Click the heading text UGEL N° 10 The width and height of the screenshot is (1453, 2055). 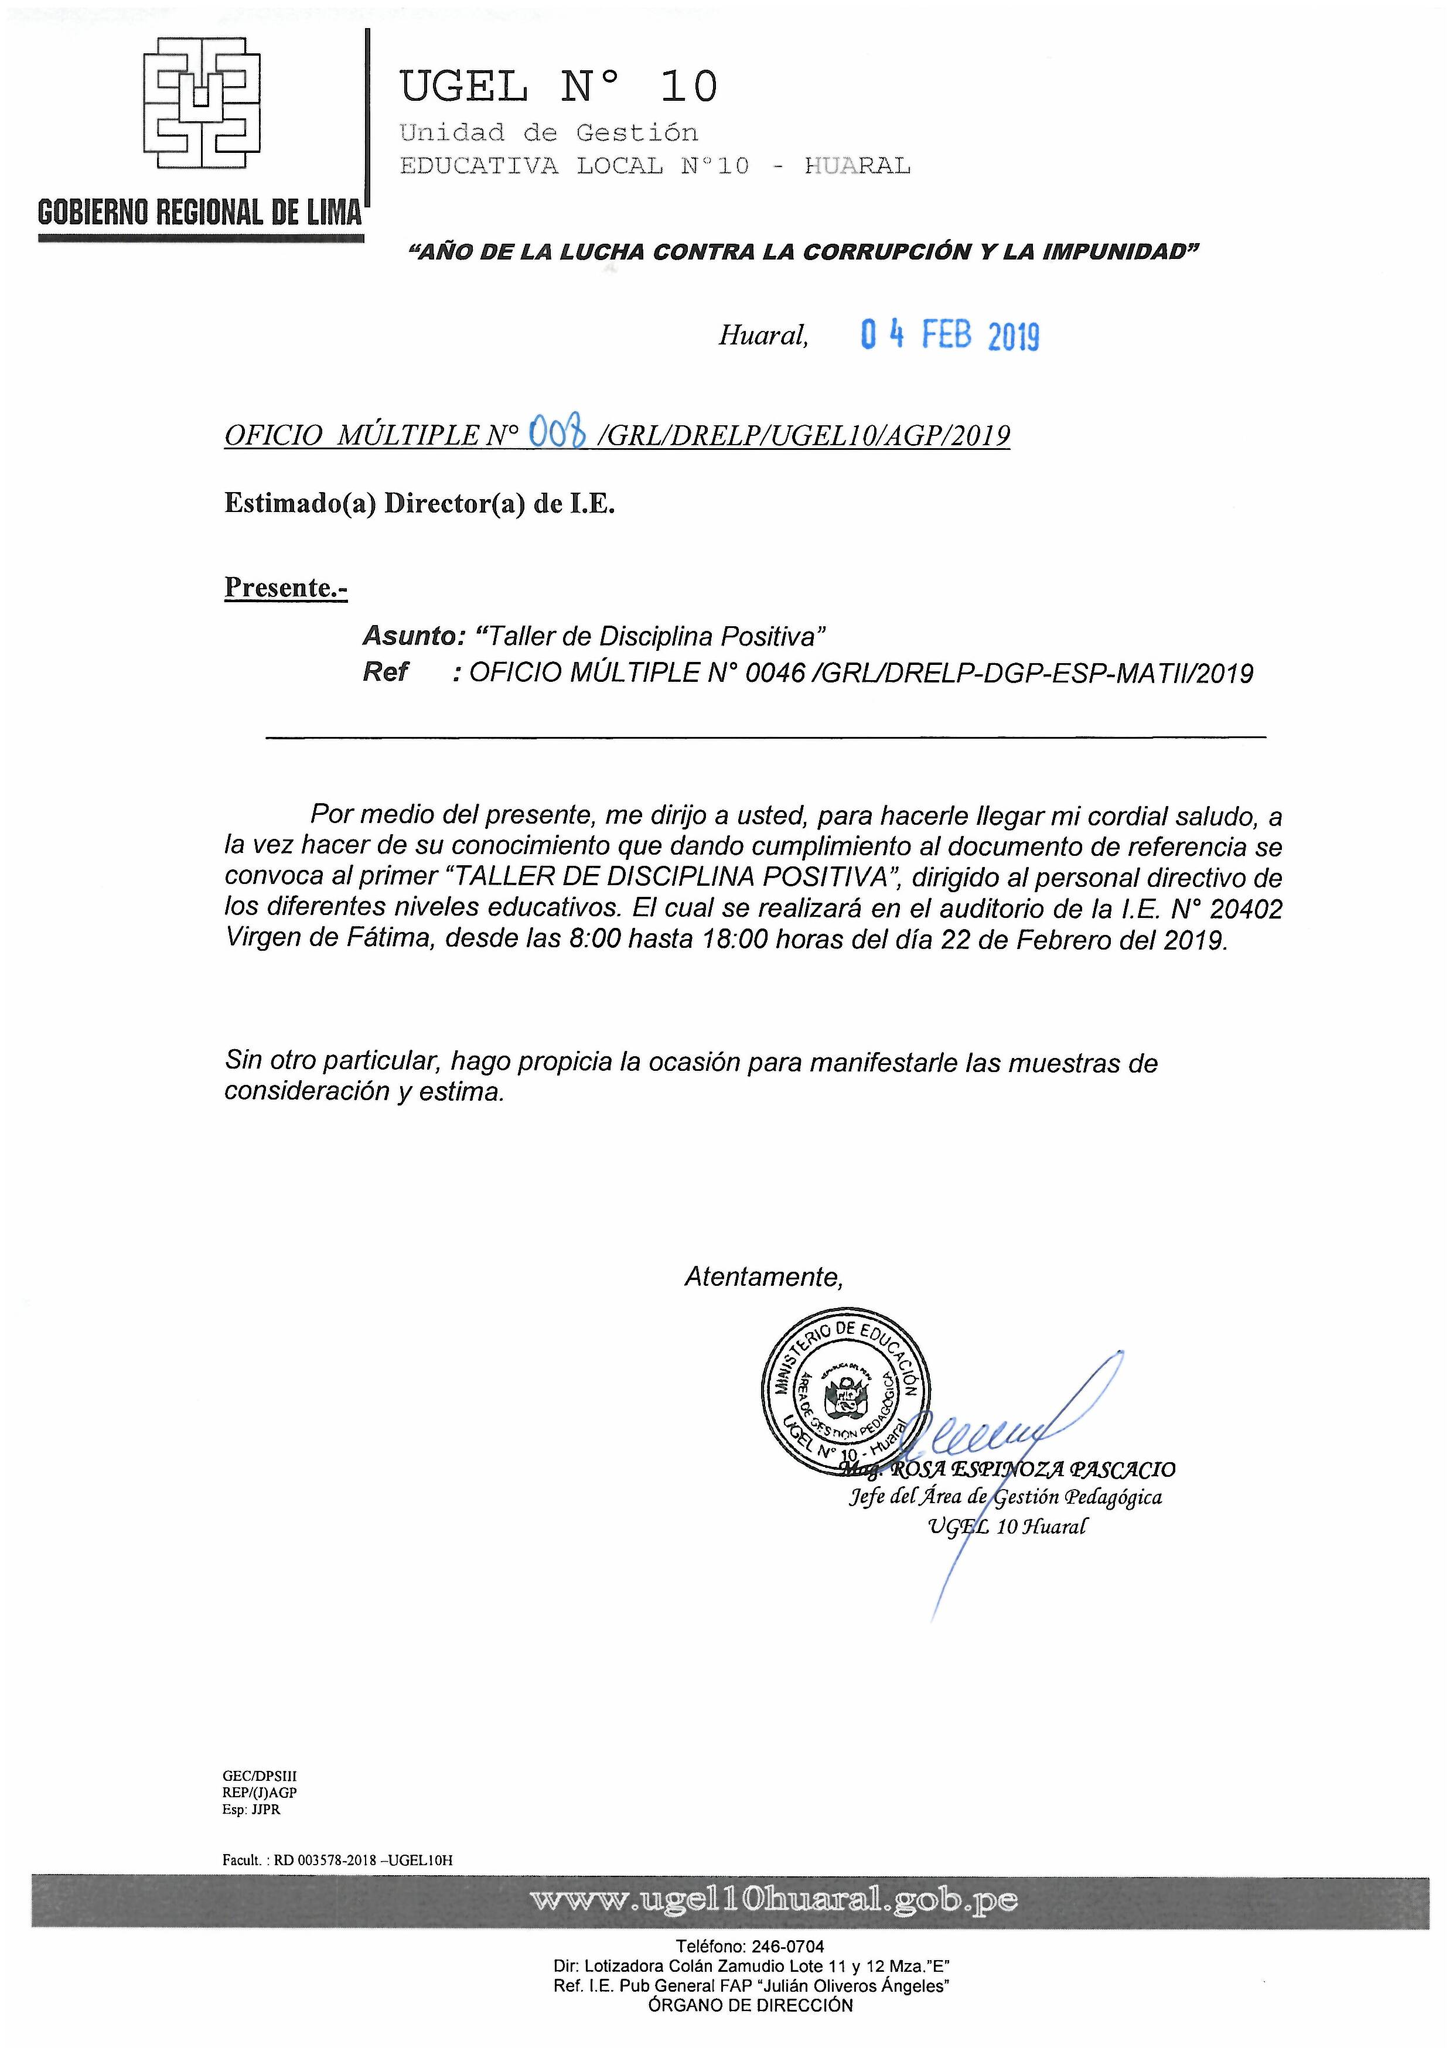click(x=558, y=87)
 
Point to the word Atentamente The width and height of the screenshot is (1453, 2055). click(x=763, y=1276)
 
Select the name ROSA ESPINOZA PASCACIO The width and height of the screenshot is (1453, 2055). click(x=1029, y=1470)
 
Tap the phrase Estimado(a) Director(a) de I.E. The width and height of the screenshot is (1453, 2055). click(x=419, y=504)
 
